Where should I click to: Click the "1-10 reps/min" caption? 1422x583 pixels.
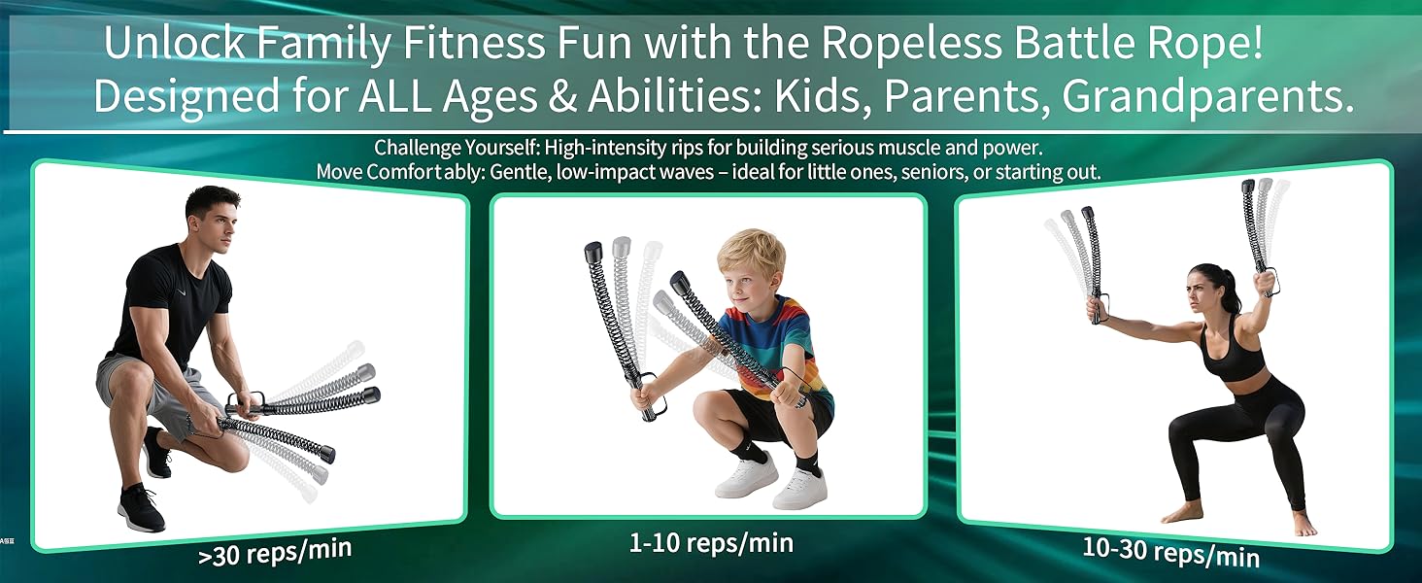[711, 542]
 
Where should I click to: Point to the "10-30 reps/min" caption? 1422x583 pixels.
[1170, 551]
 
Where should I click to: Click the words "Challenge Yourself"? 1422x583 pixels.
[456, 149]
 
